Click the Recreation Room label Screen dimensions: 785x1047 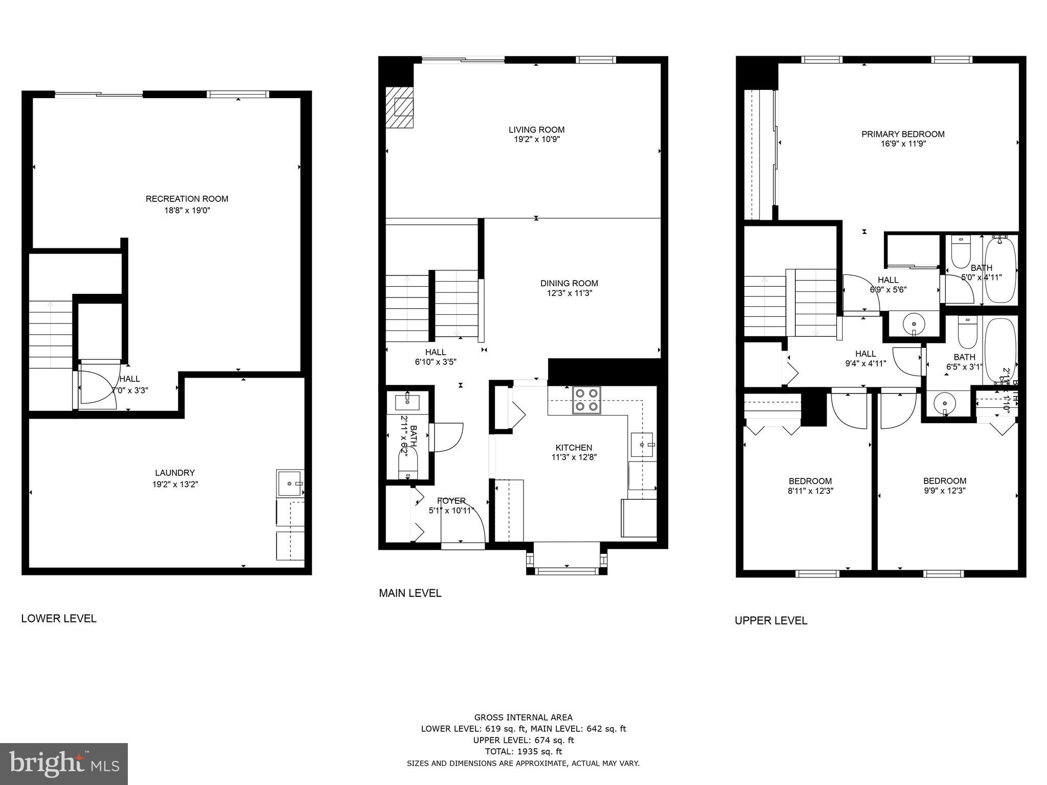click(187, 199)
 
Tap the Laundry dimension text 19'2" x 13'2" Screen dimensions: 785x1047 click(175, 484)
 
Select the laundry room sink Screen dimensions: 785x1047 click(290, 482)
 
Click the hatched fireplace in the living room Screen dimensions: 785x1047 click(399, 107)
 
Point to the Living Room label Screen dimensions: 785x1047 click(536, 130)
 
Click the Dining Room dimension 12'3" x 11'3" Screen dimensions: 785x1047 click(569, 293)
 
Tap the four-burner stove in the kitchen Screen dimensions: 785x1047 click(586, 400)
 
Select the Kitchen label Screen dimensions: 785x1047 click(574, 447)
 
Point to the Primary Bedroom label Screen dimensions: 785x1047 click(903, 134)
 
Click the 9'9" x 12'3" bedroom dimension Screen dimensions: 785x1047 click(944, 491)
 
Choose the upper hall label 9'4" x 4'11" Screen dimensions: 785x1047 click(866, 363)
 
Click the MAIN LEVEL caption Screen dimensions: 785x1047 click(410, 593)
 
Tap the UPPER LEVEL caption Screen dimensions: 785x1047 click(771, 620)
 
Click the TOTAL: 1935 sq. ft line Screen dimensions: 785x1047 click(523, 751)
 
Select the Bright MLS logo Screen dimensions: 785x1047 click(64, 764)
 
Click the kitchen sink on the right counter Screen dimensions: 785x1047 click(642, 445)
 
